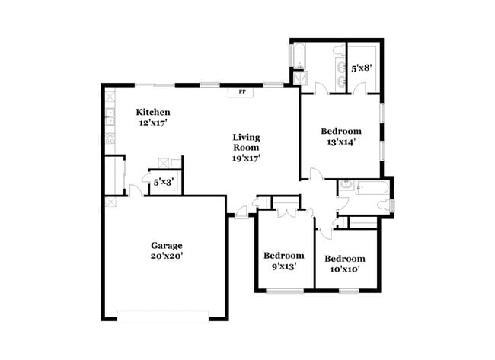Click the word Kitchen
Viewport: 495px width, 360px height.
[x=153, y=113]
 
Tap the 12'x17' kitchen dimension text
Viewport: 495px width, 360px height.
[x=153, y=123]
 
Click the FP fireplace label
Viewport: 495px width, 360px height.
[x=243, y=92]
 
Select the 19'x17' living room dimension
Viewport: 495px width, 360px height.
[x=247, y=158]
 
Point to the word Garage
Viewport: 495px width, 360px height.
[x=166, y=245]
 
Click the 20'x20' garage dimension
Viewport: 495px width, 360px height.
[x=166, y=256]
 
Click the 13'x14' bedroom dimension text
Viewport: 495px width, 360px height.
[x=341, y=141]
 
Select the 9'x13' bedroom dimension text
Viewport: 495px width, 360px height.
[x=284, y=266]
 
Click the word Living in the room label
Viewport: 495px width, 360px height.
[x=247, y=138]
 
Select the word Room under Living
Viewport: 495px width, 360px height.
[x=247, y=148]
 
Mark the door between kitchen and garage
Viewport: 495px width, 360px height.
[x=134, y=192]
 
